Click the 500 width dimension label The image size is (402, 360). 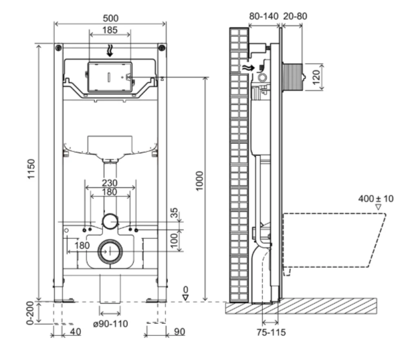110,18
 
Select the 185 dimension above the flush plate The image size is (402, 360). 110,30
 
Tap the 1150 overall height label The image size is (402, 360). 31,169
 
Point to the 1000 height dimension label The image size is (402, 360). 199,181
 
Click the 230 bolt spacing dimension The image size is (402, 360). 110,183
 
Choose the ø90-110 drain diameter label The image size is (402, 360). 110,324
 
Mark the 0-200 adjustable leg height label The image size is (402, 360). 30,312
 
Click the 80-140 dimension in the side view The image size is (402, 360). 264,16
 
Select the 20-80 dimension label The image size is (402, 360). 295,16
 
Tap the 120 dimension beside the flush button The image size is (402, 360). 316,77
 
